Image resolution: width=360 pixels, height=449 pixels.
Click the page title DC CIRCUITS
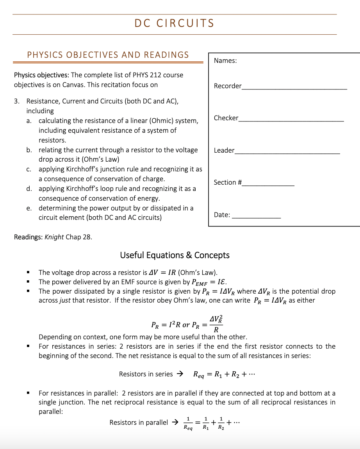click(174, 23)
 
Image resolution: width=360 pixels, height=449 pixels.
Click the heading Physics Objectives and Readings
click(108, 55)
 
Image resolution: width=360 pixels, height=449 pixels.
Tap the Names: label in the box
click(225, 61)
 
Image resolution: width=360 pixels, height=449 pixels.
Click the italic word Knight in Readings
click(54, 237)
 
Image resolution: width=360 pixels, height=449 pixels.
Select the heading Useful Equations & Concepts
click(175, 255)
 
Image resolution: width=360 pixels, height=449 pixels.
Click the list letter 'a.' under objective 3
click(29, 121)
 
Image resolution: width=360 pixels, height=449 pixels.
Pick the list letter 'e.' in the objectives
click(29, 208)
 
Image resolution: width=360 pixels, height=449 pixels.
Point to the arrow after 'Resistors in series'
click(180, 374)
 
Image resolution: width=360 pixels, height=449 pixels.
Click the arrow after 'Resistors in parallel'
click(175, 422)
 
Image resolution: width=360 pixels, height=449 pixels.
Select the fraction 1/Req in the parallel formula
click(188, 423)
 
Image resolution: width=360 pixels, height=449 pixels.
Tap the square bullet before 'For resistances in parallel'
click(28, 393)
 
